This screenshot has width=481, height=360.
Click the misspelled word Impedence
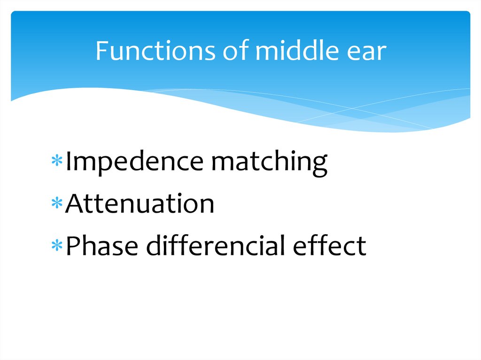134,162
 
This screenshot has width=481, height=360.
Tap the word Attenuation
140,204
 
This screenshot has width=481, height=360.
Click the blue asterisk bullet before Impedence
58,162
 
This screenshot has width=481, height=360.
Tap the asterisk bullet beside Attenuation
58,204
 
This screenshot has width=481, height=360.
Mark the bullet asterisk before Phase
58,245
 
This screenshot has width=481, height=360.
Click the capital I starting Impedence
69,162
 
